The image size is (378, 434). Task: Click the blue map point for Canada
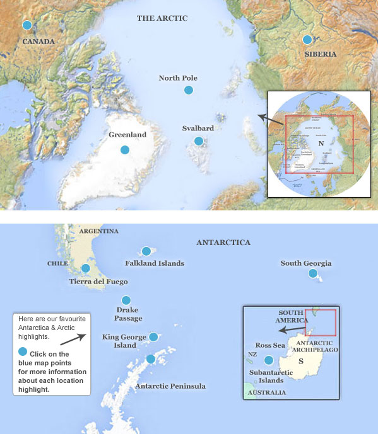[x=27, y=25]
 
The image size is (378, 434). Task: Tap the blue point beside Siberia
[x=307, y=40]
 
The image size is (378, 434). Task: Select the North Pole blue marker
[x=188, y=91]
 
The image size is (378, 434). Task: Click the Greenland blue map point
[x=125, y=150]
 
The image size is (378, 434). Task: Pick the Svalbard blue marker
[x=199, y=141]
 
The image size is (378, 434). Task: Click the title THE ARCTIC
[x=162, y=18]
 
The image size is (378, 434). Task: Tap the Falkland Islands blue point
[x=146, y=251]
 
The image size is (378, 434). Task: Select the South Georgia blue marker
[x=313, y=273]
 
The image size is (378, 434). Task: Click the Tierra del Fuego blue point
[x=86, y=268]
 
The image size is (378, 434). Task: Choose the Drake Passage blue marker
[x=126, y=300]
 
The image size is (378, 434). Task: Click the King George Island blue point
[x=153, y=337]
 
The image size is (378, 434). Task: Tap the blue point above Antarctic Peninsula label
[x=151, y=359]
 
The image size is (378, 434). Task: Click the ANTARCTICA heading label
[x=223, y=243]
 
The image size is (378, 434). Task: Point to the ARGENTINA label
[x=98, y=231]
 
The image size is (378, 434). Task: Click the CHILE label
[x=57, y=264]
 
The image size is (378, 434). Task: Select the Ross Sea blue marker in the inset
[x=269, y=360]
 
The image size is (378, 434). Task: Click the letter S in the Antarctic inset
[x=300, y=361]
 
